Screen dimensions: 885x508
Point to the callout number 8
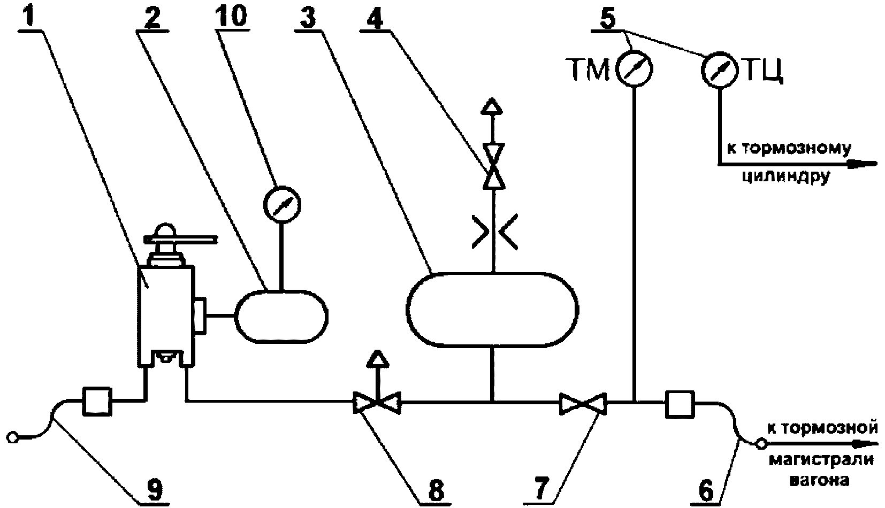pyautogui.click(x=436, y=490)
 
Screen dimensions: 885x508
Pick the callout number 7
pyautogui.click(x=541, y=489)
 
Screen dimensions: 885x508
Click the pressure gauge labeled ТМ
pyautogui.click(x=634, y=68)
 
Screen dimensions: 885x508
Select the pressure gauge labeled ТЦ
pyautogui.click(x=720, y=69)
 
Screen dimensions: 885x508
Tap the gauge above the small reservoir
pyautogui.click(x=281, y=204)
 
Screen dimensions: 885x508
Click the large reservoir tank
pyautogui.click(x=492, y=310)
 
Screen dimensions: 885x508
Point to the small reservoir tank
pyautogui.click(x=281, y=317)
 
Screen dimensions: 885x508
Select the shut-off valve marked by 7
pyautogui.click(x=583, y=403)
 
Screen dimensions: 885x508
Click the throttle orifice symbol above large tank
pyautogui.click(x=494, y=232)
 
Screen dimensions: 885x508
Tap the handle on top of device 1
pyautogui.click(x=180, y=239)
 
